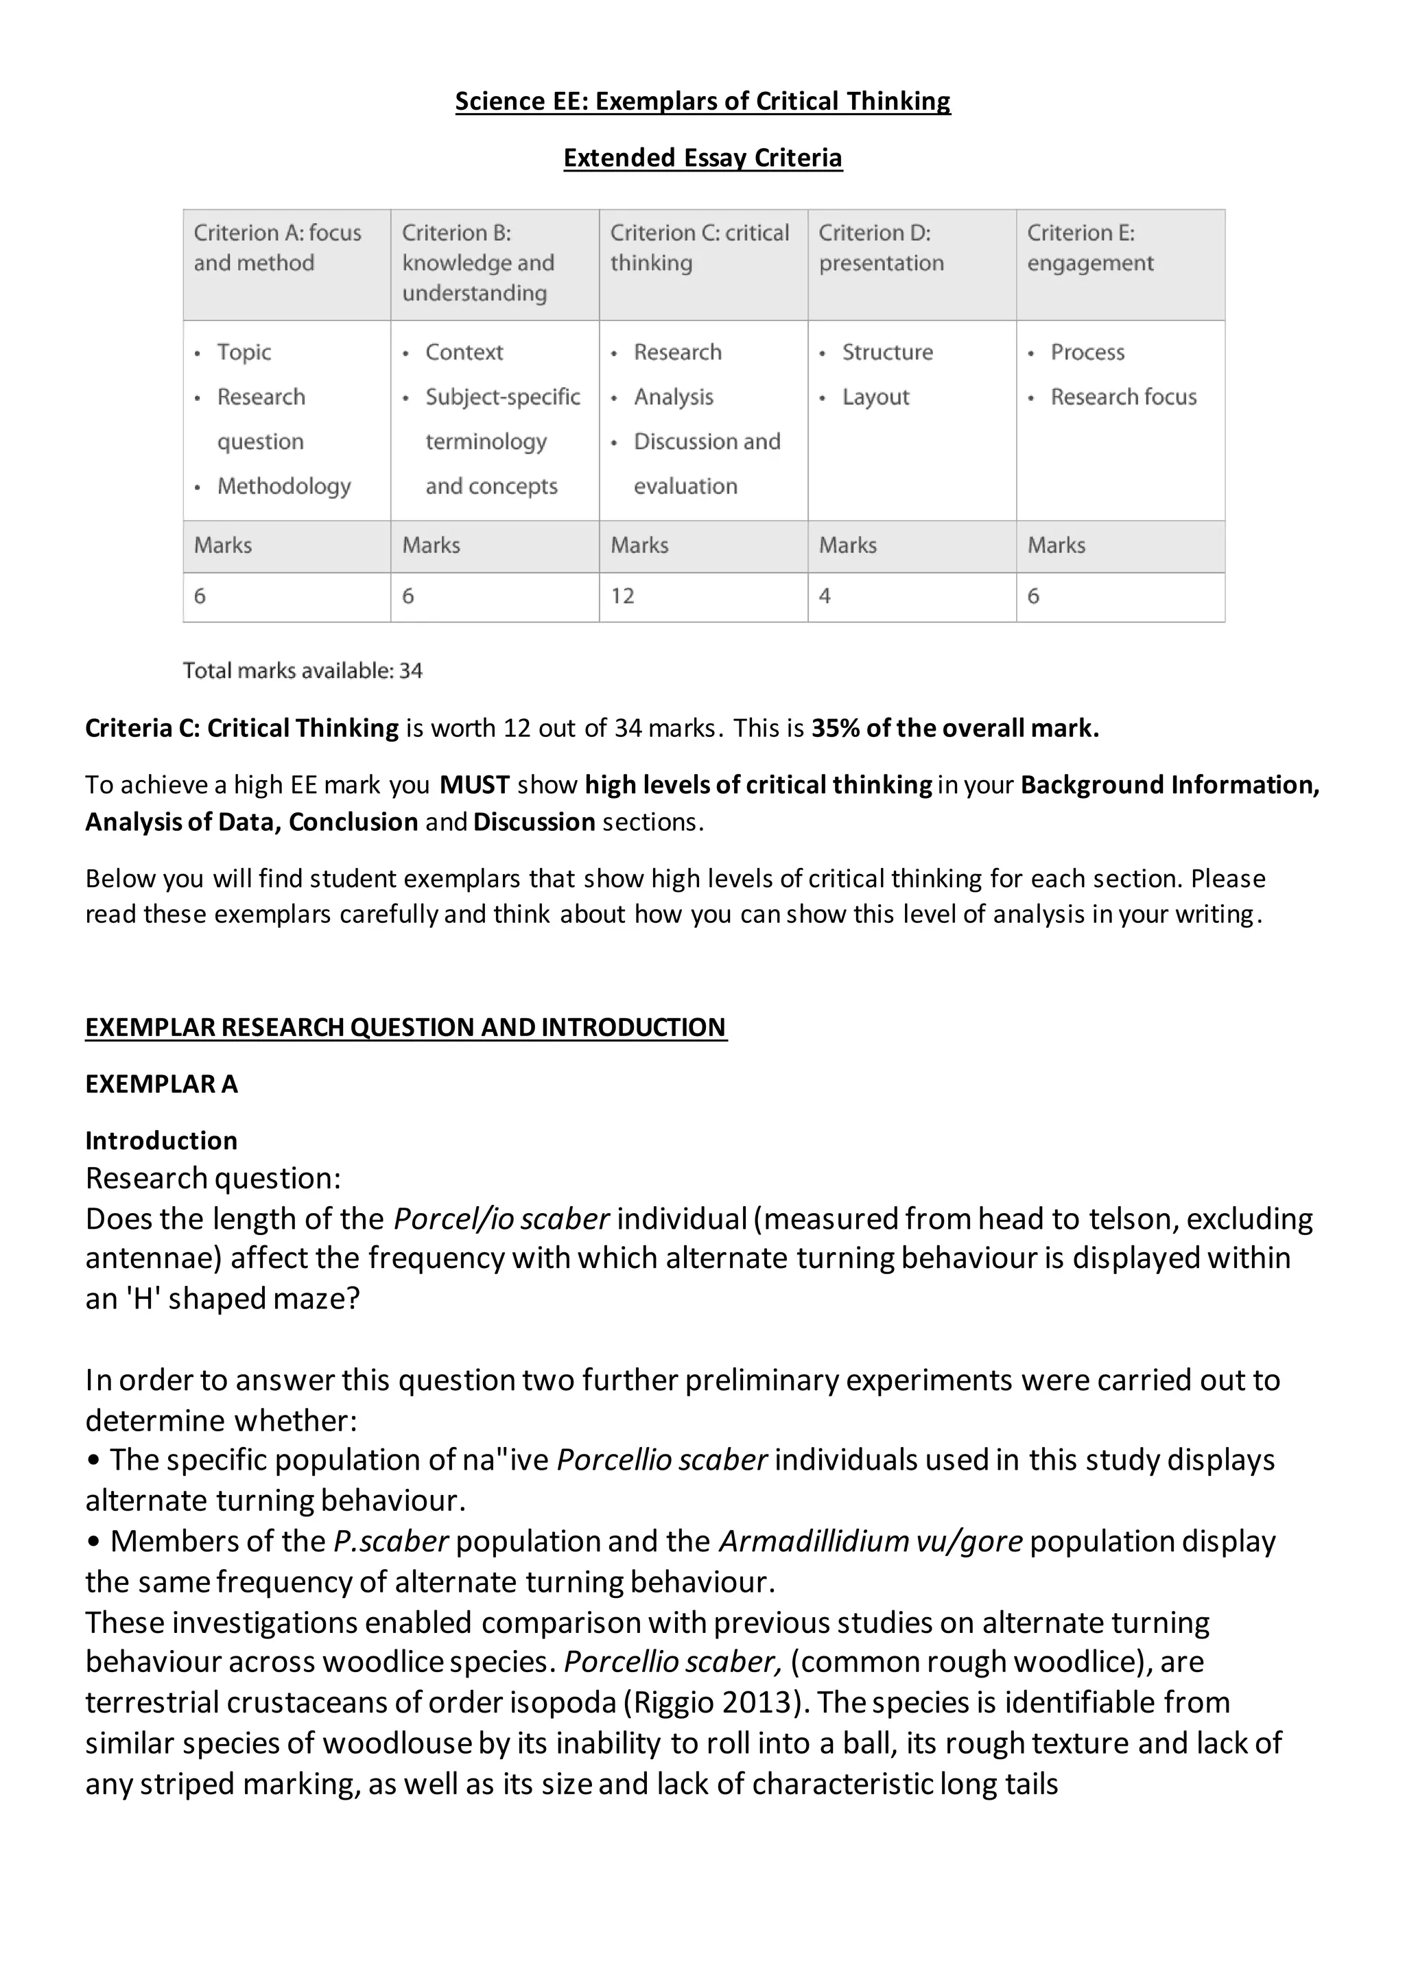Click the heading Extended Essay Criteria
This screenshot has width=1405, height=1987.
pos(702,158)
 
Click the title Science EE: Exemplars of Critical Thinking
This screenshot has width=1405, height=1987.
pos(702,102)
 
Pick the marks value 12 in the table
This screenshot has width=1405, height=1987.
pos(623,596)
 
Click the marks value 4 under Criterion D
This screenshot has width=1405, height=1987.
pos(825,596)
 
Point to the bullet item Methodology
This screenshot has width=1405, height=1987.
pos(284,486)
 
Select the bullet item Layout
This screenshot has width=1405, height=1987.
pos(875,397)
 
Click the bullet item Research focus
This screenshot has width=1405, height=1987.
pos(1123,397)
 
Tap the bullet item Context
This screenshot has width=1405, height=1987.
pos(464,352)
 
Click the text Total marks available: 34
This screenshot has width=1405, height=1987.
pos(303,671)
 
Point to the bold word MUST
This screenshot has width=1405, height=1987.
pos(474,785)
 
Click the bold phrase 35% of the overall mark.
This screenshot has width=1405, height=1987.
pos(955,729)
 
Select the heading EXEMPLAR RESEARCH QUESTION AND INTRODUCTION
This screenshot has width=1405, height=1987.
pos(405,1027)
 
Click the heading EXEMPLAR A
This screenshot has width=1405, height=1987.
pos(161,1084)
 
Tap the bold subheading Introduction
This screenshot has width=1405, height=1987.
pos(161,1140)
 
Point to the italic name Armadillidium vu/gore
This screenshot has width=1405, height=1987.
pos(871,1541)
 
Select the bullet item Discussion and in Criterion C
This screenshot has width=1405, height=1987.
pos(707,443)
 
